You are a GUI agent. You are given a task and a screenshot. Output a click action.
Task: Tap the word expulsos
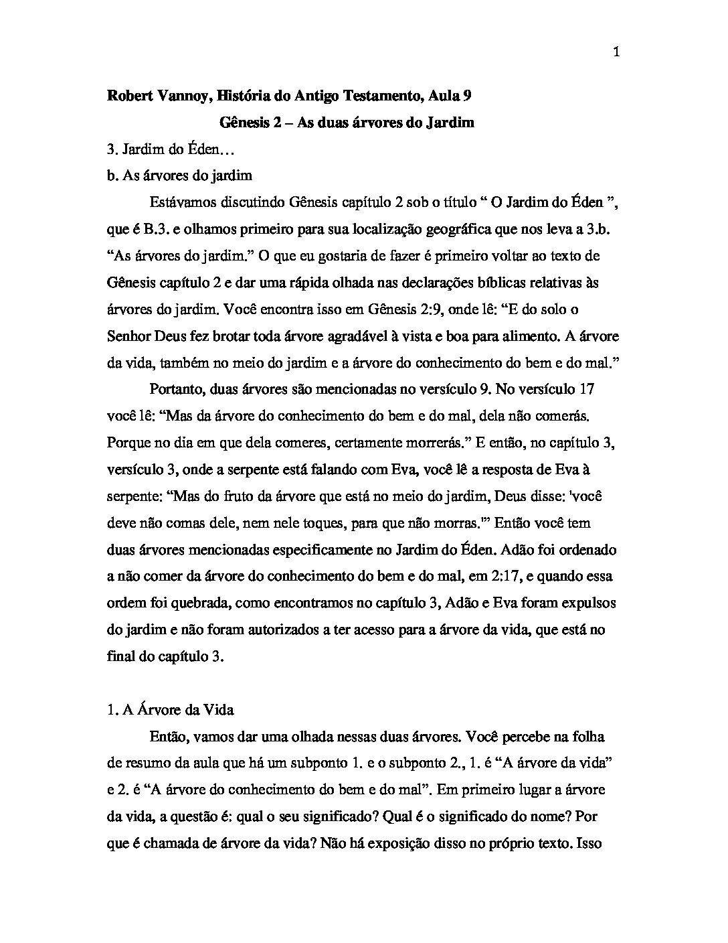[589, 603]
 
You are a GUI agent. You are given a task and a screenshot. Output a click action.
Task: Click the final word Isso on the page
[590, 843]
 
